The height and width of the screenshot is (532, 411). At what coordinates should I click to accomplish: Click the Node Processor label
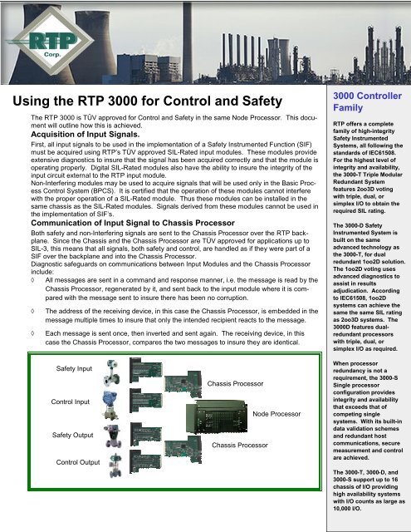point(276,413)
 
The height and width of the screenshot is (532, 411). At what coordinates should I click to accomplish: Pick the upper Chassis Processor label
point(234,384)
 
